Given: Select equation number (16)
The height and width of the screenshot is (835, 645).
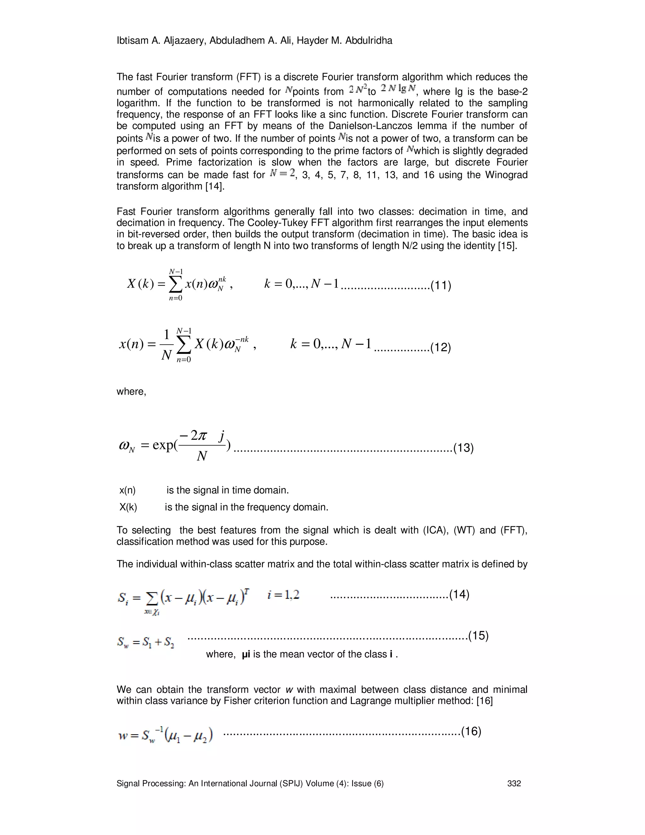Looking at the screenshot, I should [x=471, y=731].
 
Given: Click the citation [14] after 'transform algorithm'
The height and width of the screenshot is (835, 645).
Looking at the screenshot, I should [x=214, y=187].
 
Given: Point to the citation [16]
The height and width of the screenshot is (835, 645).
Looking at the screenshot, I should [x=484, y=701].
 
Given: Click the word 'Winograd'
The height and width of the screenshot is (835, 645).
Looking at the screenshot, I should [x=506, y=175].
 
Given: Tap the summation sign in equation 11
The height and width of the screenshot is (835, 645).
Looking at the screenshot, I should [x=175, y=285].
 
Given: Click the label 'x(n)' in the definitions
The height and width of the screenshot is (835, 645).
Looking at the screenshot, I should [x=128, y=490].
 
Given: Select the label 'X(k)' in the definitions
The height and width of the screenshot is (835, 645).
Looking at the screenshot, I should [x=128, y=507].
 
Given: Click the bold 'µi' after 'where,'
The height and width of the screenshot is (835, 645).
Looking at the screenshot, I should [x=246, y=654].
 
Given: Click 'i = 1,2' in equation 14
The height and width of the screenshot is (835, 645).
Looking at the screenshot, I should [x=283, y=595].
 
